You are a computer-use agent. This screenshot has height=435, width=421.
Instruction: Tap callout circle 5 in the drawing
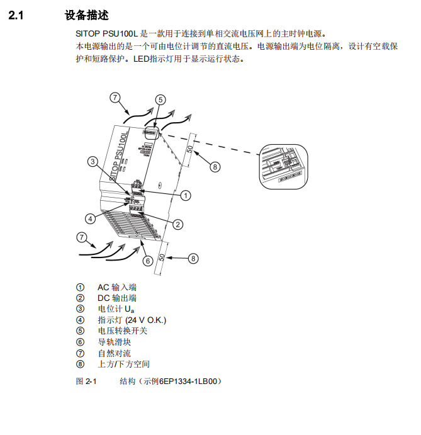coord(160,99)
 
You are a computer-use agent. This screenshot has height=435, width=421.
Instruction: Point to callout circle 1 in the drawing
coord(185,196)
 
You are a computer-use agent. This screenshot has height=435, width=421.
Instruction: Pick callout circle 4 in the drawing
coord(91,218)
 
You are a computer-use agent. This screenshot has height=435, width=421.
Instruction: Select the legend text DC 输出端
coord(116,298)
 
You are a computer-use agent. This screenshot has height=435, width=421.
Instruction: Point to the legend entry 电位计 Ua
coord(116,309)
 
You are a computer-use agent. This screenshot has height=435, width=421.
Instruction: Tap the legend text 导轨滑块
coord(114,342)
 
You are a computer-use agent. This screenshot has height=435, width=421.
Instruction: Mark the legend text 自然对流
coord(114,353)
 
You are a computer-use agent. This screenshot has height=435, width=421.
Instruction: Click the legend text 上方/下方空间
coord(123,364)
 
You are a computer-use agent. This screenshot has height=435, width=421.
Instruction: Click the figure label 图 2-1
coord(86,381)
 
